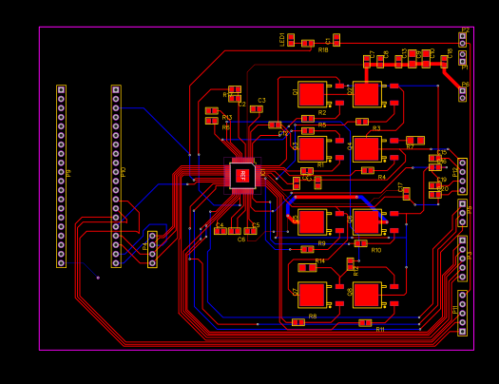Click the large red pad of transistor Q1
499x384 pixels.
click(x=311, y=94)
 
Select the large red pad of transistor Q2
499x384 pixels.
click(x=366, y=94)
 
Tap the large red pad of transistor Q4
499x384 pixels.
click(x=366, y=149)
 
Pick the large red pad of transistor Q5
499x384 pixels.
click(x=311, y=221)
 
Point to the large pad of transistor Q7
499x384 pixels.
click(x=311, y=295)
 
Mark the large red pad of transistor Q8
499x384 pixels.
click(x=366, y=295)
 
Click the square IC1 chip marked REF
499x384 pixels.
click(x=242, y=175)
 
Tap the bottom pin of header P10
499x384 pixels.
click(x=116, y=262)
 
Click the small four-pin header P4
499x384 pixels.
click(x=152, y=249)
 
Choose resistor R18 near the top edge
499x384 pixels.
click(x=308, y=44)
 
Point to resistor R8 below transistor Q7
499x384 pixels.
click(x=298, y=322)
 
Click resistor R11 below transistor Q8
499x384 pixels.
click(x=365, y=323)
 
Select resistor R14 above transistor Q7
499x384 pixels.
click(x=307, y=268)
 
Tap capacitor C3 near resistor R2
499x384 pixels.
click(x=256, y=109)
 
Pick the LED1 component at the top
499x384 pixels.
click(x=291, y=40)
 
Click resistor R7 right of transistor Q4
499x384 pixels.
click(x=414, y=141)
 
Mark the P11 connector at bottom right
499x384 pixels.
click(x=462, y=313)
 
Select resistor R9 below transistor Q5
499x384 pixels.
click(x=307, y=249)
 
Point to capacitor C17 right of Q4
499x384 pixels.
click(x=406, y=193)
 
